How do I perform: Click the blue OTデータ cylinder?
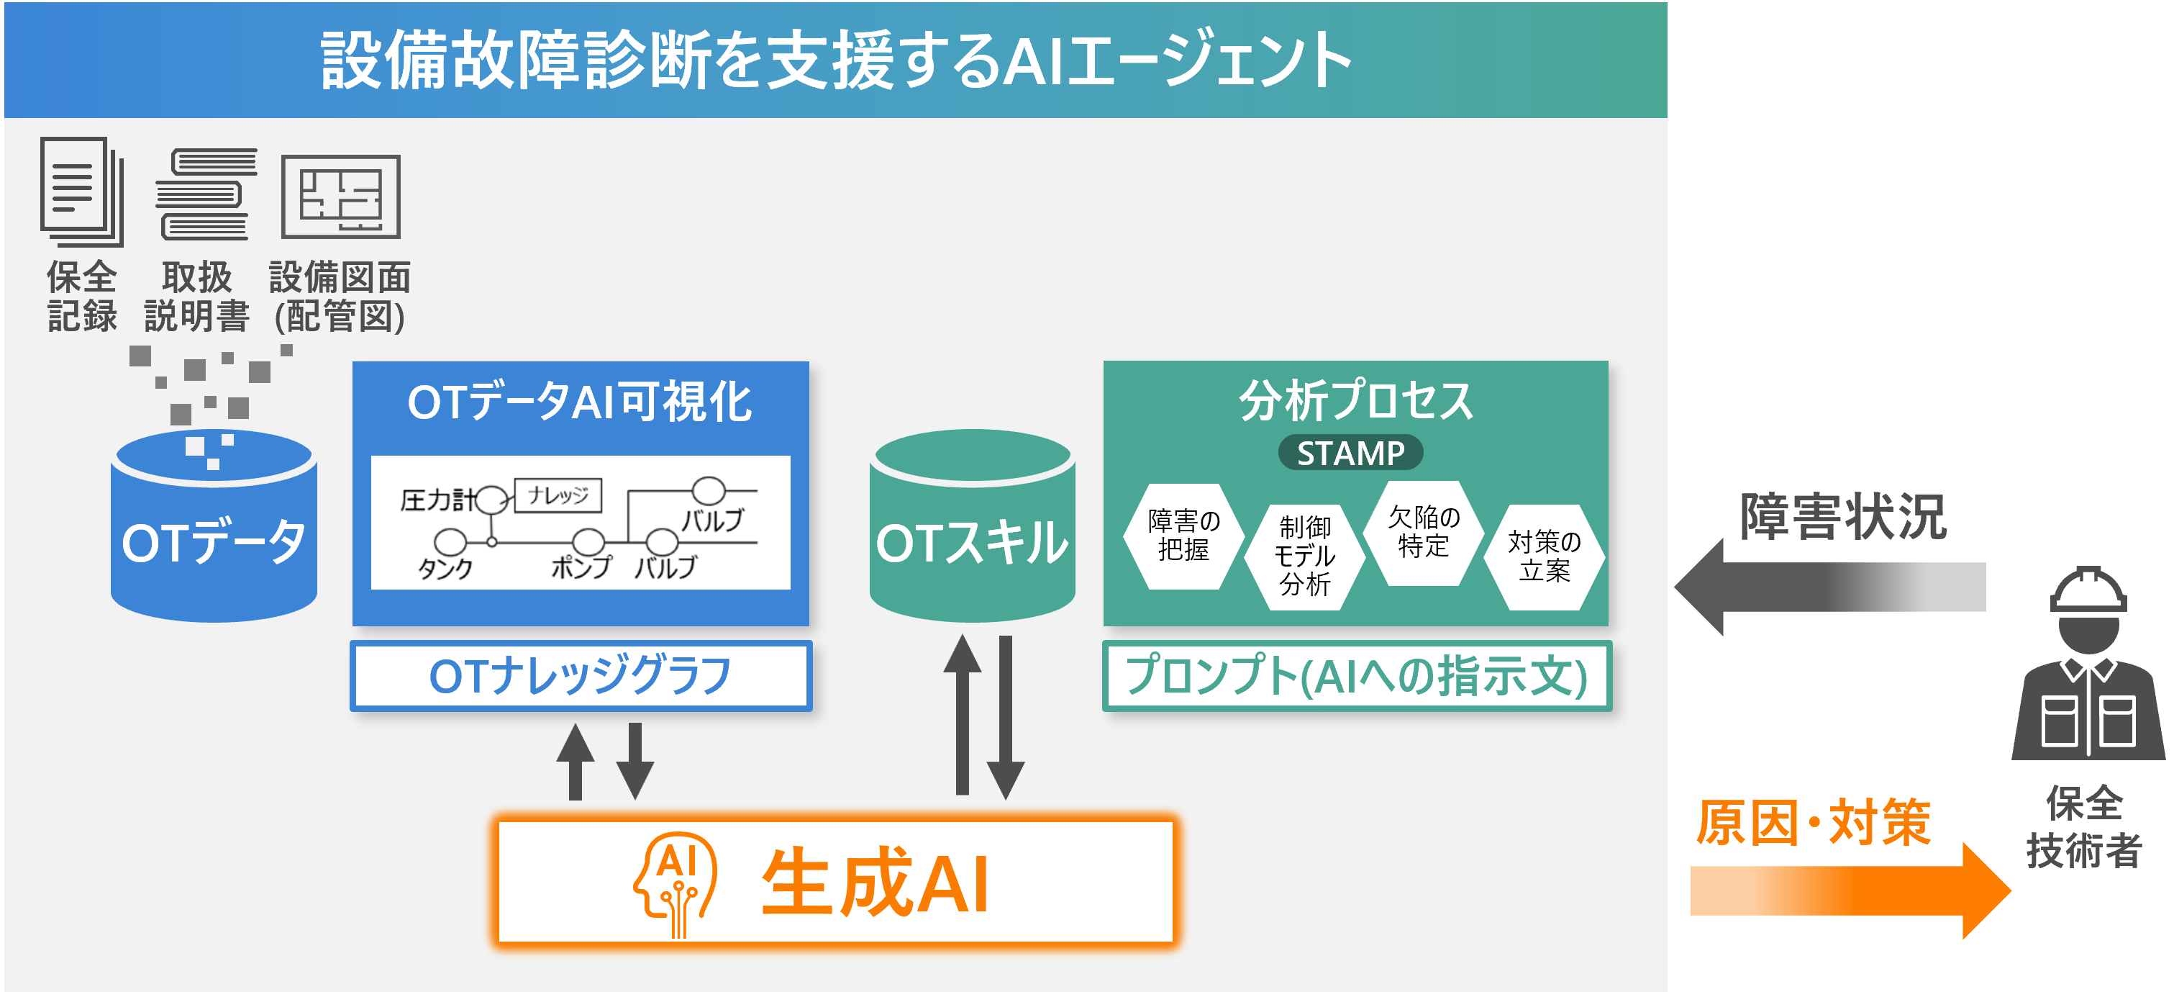(x=214, y=541)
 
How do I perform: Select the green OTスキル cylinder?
(x=972, y=541)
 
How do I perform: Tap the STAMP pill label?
(x=1350, y=454)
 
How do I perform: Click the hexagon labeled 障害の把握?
(x=1183, y=536)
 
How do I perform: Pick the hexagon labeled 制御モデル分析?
(x=1305, y=556)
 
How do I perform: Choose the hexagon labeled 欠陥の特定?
(x=1424, y=532)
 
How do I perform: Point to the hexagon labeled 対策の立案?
(x=1545, y=556)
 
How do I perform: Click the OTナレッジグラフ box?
(x=581, y=675)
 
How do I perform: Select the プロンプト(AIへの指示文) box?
(x=1356, y=675)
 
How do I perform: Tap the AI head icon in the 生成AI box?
(x=676, y=883)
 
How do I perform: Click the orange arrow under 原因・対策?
(x=1848, y=890)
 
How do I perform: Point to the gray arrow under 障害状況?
(x=1832, y=587)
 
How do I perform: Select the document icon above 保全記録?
(x=81, y=191)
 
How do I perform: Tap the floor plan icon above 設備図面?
(x=341, y=196)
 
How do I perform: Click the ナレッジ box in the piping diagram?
(x=558, y=495)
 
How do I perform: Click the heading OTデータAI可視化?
(x=580, y=402)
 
